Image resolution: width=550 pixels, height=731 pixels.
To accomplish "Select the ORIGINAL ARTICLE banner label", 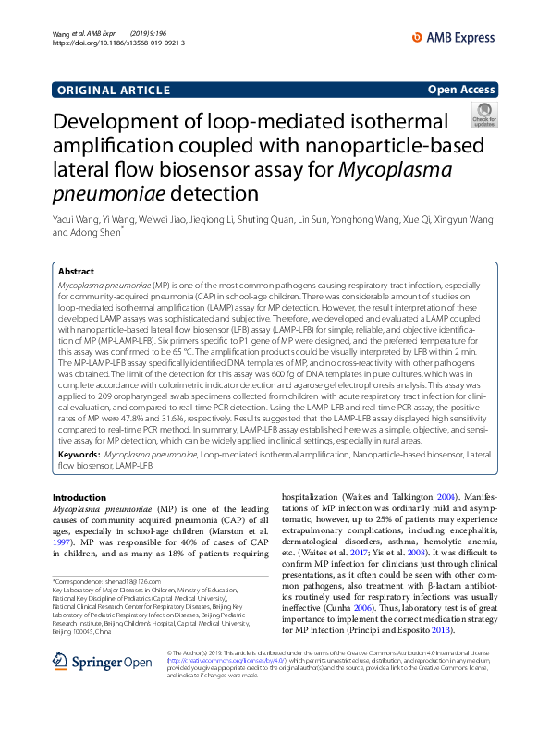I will click(x=111, y=91).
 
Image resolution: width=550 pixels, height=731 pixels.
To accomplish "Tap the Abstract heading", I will click(x=76, y=272).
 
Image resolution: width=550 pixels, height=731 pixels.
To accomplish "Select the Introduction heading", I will click(x=79, y=497).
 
